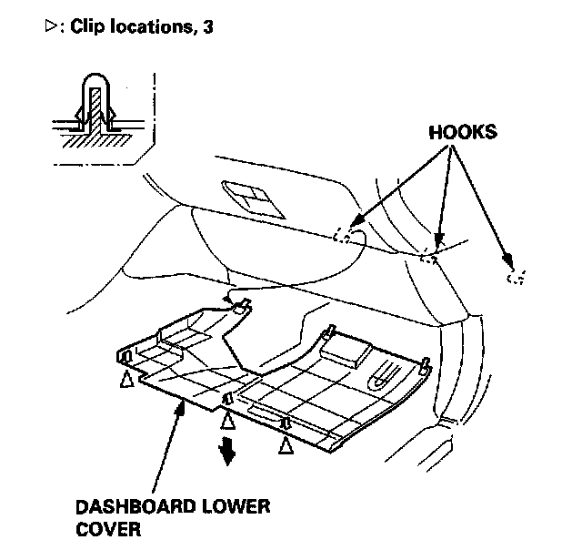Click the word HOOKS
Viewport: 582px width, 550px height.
pos(462,132)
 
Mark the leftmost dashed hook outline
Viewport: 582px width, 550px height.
pos(342,236)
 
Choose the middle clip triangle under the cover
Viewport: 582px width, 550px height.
pos(226,420)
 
